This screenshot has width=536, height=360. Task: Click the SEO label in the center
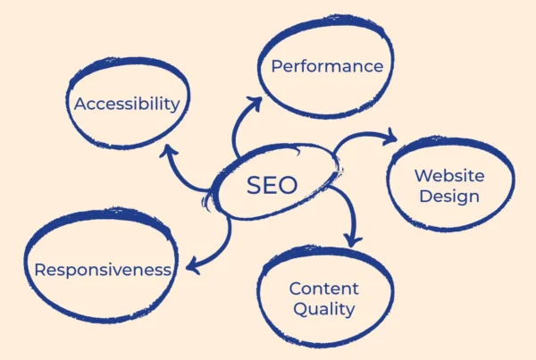point(272,186)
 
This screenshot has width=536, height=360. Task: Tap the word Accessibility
point(127,104)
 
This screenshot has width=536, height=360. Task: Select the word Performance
point(327,66)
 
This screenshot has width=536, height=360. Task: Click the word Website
point(449,176)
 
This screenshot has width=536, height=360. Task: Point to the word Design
point(449,197)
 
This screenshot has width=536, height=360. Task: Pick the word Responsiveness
point(103,269)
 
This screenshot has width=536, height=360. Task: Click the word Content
point(323,289)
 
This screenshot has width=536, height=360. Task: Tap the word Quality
point(323,310)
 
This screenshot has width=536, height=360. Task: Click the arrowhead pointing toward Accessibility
point(166,149)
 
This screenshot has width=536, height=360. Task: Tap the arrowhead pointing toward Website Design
point(390,138)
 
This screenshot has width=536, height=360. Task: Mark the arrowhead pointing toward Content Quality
point(354,239)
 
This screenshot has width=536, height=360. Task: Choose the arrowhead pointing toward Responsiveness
point(191,265)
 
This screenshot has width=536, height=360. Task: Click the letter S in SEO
point(253,186)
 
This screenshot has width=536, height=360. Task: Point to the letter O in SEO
point(289,186)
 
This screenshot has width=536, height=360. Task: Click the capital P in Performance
point(277,66)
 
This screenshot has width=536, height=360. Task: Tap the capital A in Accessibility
point(80,104)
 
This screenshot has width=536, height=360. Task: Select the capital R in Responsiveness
point(40,269)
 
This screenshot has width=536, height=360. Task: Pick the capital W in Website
point(422,176)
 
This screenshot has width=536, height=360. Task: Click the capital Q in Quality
point(297,310)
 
